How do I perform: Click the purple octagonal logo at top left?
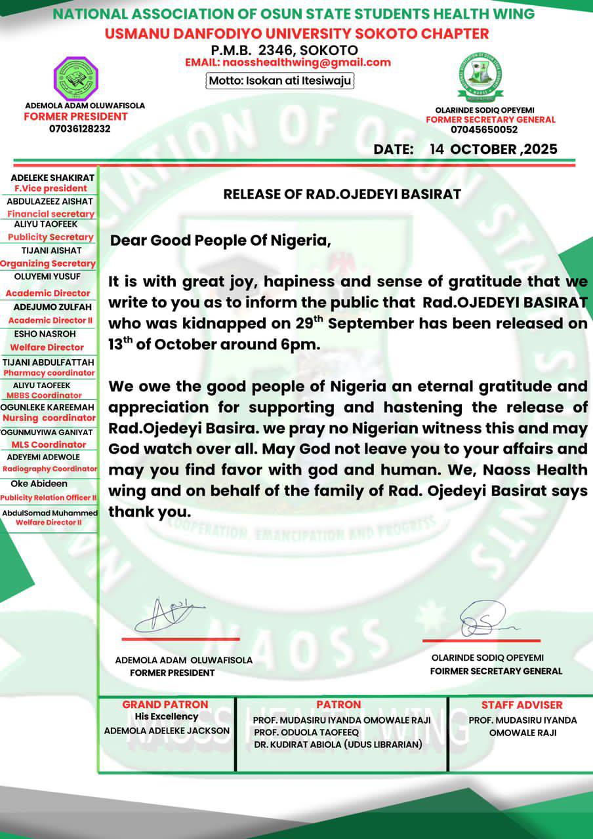click(75, 79)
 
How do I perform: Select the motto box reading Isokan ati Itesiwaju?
click(281, 81)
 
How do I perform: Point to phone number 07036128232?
click(79, 128)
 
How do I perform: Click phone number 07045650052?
click(489, 129)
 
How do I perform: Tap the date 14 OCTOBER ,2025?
click(493, 149)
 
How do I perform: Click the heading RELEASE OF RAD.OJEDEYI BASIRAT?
click(342, 194)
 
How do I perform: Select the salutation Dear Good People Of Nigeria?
click(220, 240)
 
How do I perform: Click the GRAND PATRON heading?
click(165, 705)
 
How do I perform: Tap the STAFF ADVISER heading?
click(521, 705)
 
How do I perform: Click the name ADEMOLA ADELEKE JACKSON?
click(167, 730)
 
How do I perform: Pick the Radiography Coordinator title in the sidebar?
click(50, 469)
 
